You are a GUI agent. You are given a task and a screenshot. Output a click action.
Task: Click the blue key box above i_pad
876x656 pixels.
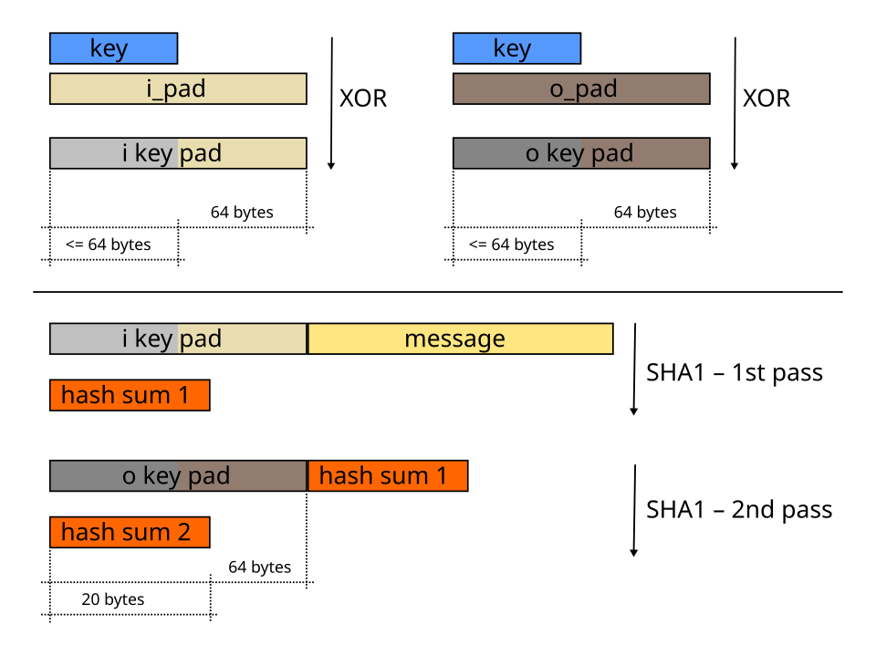[x=113, y=48]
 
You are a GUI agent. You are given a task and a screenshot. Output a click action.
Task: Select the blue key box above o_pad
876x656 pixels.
[x=516, y=48]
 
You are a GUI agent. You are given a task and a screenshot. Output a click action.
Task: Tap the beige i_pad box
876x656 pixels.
[x=178, y=89]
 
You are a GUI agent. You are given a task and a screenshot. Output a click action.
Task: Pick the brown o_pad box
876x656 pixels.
[x=581, y=89]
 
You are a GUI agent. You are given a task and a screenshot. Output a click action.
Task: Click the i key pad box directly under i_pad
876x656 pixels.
[x=178, y=153]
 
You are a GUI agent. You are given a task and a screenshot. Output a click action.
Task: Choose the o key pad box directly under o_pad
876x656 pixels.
[x=581, y=153]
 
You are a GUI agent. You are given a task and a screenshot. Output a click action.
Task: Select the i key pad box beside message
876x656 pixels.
[x=178, y=338]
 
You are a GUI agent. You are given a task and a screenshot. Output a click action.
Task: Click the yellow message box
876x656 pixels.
[x=460, y=338]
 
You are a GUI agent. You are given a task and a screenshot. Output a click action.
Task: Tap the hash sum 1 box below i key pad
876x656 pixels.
[x=130, y=395]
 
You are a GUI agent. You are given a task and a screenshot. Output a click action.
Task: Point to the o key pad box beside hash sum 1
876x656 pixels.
[x=178, y=475]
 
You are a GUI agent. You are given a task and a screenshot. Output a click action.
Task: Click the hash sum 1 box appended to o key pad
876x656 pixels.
[x=388, y=475]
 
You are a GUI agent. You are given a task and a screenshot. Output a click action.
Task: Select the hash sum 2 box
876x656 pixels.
[x=130, y=532]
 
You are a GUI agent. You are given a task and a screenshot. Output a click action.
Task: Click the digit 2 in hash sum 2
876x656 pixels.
[x=183, y=532]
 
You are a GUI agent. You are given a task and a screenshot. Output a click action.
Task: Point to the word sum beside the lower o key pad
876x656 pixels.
[x=404, y=475]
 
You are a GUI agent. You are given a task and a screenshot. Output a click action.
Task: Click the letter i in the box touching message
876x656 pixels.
[x=125, y=338]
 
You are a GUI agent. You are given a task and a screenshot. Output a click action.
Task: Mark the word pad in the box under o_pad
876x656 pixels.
[x=611, y=153]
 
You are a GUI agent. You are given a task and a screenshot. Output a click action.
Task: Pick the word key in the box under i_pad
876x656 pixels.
[x=153, y=154]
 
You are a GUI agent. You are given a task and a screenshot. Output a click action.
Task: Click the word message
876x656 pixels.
[x=454, y=338]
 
